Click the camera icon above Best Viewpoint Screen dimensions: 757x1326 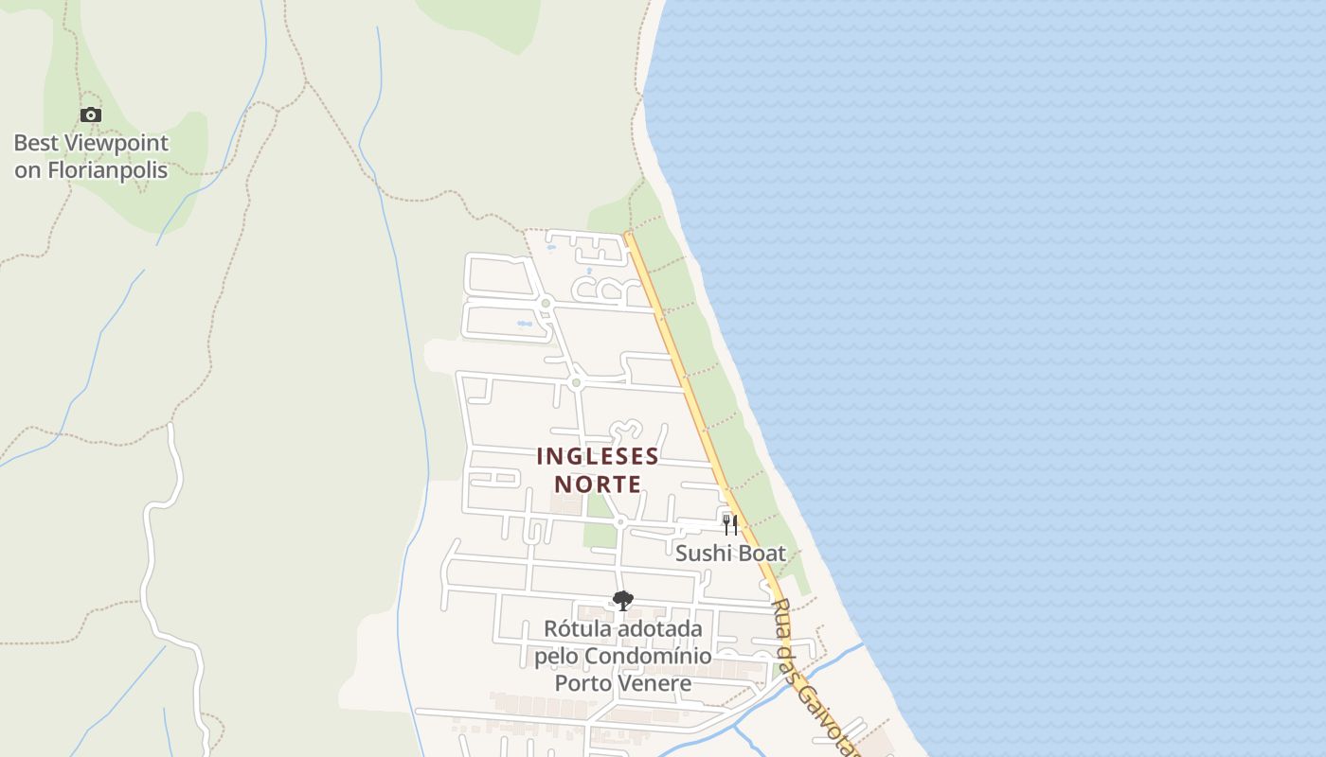pyautogui.click(x=91, y=115)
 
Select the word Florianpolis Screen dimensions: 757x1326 pyautogui.click(x=107, y=170)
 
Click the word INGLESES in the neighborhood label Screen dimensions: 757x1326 pyautogui.click(x=598, y=456)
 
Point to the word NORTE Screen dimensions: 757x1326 pyautogui.click(x=598, y=484)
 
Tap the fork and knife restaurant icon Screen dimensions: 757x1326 pyautogui.click(x=729, y=524)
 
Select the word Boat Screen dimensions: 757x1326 pyautogui.click(x=761, y=554)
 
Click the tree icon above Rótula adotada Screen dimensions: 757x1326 pyautogui.click(x=622, y=600)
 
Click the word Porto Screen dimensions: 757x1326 pyautogui.click(x=582, y=683)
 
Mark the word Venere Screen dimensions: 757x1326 pyautogui.click(x=654, y=683)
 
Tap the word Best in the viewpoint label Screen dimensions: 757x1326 pyautogui.click(x=34, y=144)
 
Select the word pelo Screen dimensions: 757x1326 pyautogui.click(x=557, y=656)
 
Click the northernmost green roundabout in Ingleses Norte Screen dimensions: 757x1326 pyautogui.click(x=546, y=303)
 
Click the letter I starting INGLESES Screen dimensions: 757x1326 pyautogui.click(x=541, y=456)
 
